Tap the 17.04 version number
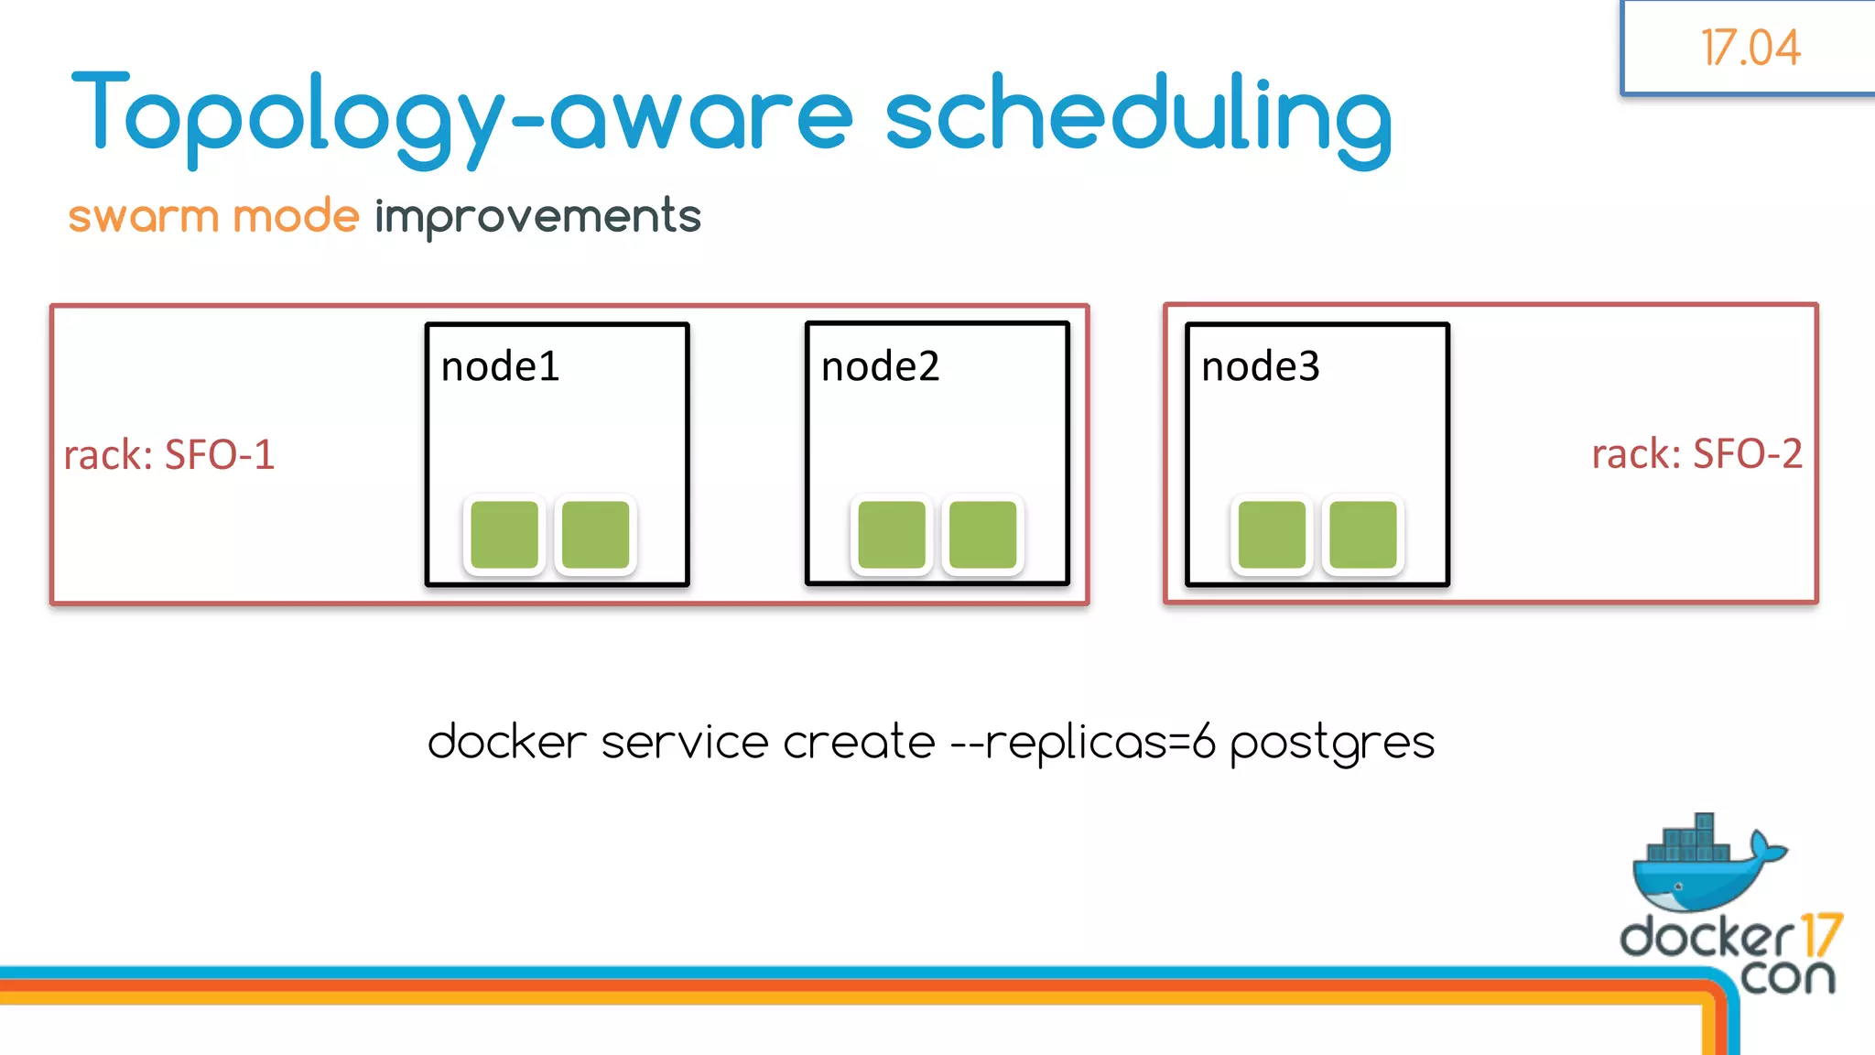coord(1750,48)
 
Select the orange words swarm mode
coord(213,217)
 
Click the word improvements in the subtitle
coord(537,217)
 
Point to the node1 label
coord(500,367)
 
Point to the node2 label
coord(880,367)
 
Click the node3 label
coord(1260,367)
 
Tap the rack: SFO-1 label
coord(168,455)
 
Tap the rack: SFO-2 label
coord(1696,454)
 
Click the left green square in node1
coord(504,535)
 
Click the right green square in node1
coord(595,535)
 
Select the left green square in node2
coord(892,535)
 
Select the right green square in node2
coord(982,535)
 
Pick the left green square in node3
coord(1272,535)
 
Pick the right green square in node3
coord(1362,535)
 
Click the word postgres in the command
coord(1331,743)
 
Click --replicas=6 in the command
coord(1082,743)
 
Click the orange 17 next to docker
coord(1821,936)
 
